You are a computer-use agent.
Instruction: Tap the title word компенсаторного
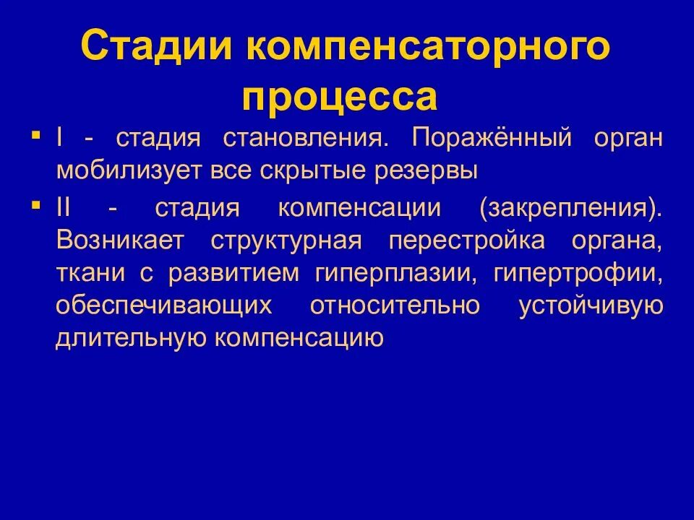(x=427, y=48)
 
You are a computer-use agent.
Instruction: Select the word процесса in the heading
(x=340, y=97)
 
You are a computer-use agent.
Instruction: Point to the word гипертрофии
(x=578, y=274)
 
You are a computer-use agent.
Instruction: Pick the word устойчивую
(x=591, y=306)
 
